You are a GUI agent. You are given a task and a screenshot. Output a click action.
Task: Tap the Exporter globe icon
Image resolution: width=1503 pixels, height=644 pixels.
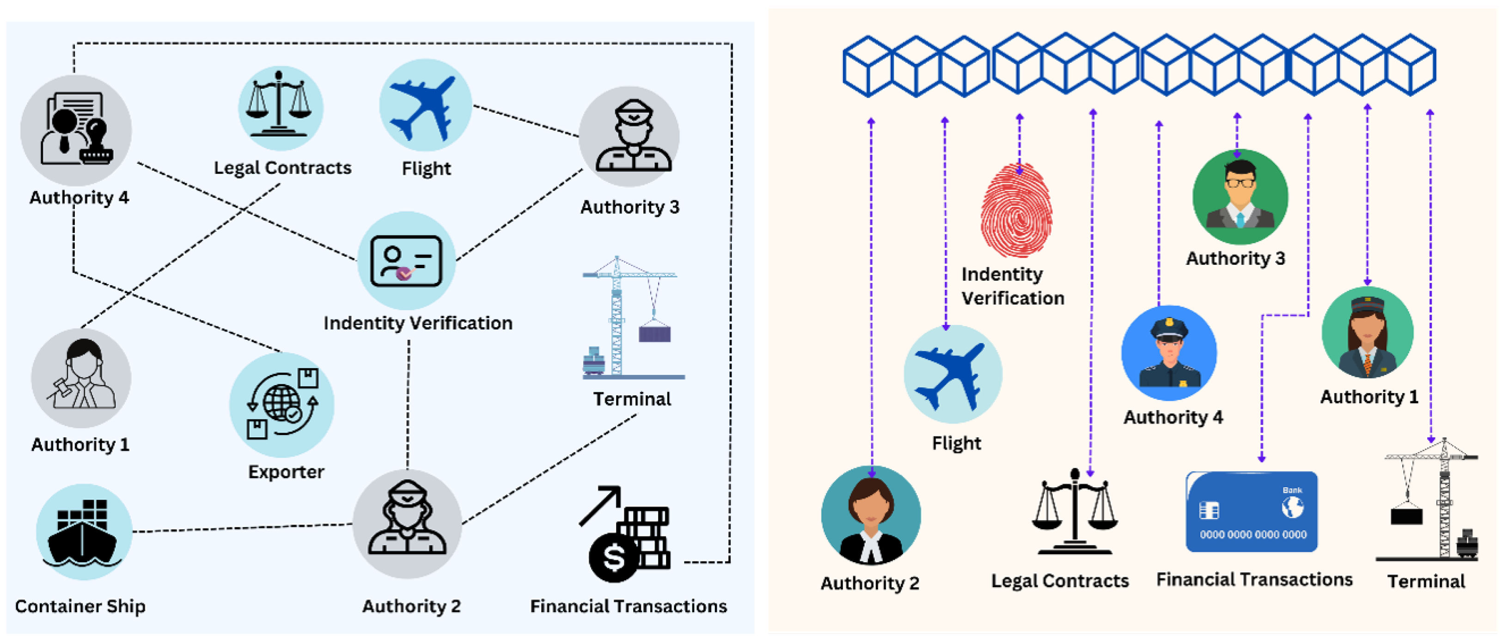pyautogui.click(x=282, y=405)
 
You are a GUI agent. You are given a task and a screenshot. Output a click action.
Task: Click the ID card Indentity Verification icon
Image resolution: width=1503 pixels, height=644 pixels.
pyautogui.click(x=406, y=261)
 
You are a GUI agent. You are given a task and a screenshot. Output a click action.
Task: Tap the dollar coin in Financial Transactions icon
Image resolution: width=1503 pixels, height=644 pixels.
pyautogui.click(x=613, y=558)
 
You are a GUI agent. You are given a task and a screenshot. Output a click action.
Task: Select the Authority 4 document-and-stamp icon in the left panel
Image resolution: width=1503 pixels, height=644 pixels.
pyautogui.click(x=76, y=129)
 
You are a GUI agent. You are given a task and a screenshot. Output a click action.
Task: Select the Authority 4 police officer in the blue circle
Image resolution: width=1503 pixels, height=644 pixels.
pyautogui.click(x=1169, y=353)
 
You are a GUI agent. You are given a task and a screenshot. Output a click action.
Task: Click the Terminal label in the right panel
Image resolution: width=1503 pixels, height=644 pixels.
pyautogui.click(x=1425, y=581)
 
